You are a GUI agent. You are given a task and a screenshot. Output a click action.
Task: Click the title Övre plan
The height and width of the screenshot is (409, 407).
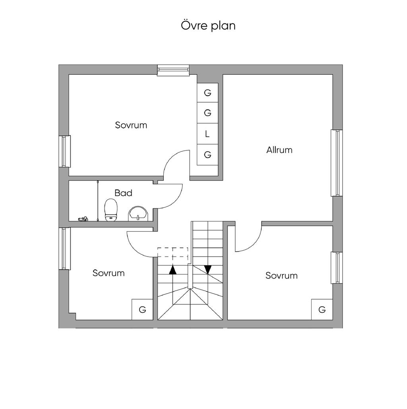point(208,26)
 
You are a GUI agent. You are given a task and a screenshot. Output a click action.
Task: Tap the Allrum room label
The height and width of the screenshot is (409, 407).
point(279,150)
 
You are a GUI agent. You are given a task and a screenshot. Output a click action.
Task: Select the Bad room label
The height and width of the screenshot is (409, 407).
point(123,193)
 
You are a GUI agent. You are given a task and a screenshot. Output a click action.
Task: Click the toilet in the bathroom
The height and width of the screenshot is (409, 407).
point(111,210)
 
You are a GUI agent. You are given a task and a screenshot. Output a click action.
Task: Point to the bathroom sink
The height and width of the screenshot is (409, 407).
point(138,214)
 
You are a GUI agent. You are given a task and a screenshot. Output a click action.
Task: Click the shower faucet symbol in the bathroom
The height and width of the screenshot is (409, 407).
point(83,219)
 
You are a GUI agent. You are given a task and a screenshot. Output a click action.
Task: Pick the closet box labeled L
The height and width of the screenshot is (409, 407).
point(207,134)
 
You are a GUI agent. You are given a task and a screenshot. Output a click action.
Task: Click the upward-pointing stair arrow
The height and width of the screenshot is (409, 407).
point(172,270)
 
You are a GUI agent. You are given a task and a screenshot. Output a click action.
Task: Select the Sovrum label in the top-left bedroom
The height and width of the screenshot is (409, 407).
point(131,125)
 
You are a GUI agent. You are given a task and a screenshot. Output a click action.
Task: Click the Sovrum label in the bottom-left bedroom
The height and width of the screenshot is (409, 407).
point(109,273)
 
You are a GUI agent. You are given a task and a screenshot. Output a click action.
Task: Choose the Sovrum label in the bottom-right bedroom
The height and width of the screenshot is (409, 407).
point(281,276)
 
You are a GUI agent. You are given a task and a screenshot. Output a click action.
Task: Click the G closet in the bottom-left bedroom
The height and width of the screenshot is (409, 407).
point(142,310)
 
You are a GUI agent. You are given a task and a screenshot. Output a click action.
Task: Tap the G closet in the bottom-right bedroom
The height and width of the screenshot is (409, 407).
point(322,310)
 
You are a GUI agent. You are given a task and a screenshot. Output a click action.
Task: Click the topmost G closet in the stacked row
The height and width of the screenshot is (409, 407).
point(207,93)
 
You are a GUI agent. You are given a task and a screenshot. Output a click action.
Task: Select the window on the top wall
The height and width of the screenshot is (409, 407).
point(173,70)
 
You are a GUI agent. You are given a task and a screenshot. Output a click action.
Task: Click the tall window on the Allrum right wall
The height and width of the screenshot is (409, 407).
point(337,163)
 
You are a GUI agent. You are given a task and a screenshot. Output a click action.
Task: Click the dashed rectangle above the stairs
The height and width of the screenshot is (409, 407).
point(173,253)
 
